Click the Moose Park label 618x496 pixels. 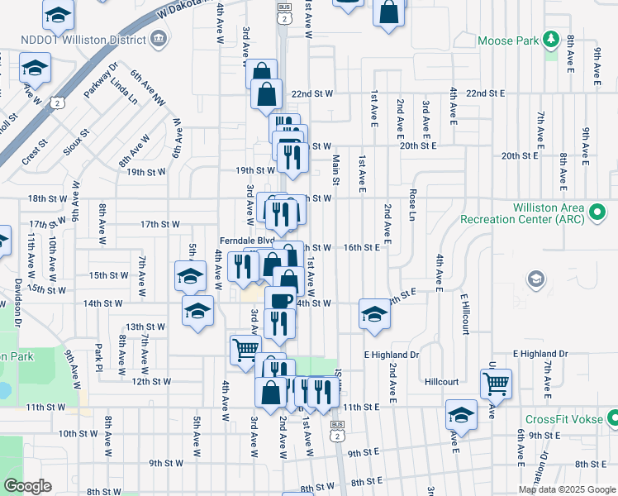(505, 40)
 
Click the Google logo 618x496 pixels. (27, 485)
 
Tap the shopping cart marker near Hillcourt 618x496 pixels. (496, 383)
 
